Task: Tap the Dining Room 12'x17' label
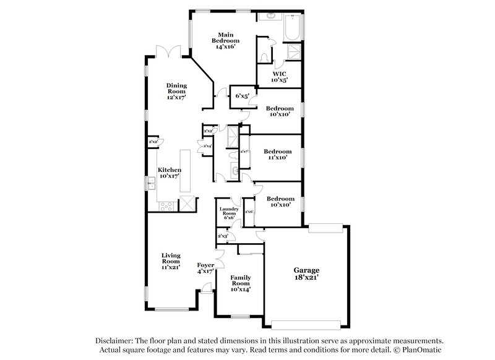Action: click(176, 91)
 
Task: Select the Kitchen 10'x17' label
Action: click(170, 173)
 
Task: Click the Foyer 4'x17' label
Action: click(205, 268)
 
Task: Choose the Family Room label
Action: click(240, 283)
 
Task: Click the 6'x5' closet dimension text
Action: click(242, 96)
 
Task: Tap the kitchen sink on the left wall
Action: click(150, 183)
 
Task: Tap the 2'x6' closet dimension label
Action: click(250, 212)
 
